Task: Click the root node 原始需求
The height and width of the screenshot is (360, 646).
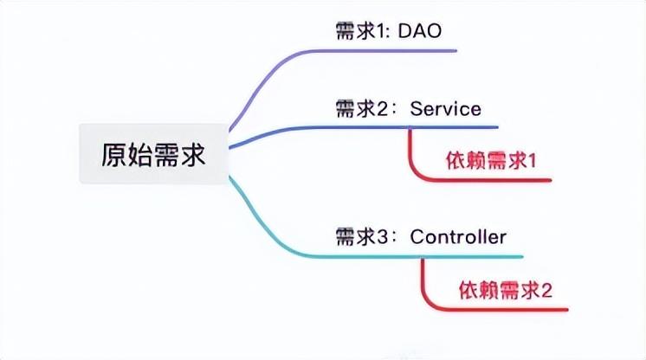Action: pos(153,154)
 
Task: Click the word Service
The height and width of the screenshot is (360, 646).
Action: pos(445,110)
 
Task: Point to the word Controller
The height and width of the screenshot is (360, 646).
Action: pos(458,236)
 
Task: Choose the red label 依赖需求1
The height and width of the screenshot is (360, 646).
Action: pos(491,161)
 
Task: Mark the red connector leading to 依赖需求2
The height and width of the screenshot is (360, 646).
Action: pos(425,281)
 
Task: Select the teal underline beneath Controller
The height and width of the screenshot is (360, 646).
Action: pos(468,256)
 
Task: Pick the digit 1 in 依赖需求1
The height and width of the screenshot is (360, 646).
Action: pos(533,161)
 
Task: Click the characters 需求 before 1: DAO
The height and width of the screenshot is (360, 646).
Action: pos(351,32)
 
